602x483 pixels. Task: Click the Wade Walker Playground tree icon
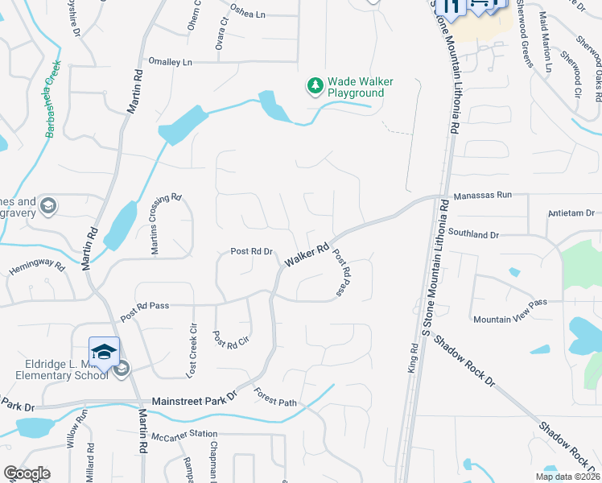pos(315,85)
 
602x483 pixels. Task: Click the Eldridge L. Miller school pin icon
pos(104,352)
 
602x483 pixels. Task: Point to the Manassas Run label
pos(482,196)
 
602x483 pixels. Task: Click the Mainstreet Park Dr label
pos(196,398)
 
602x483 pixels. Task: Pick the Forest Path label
pos(275,398)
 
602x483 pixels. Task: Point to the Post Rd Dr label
pos(252,251)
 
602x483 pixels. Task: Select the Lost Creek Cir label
pos(192,352)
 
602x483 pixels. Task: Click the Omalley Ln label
pos(171,62)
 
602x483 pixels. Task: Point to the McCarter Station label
pos(184,436)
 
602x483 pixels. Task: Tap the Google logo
pos(27,474)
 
